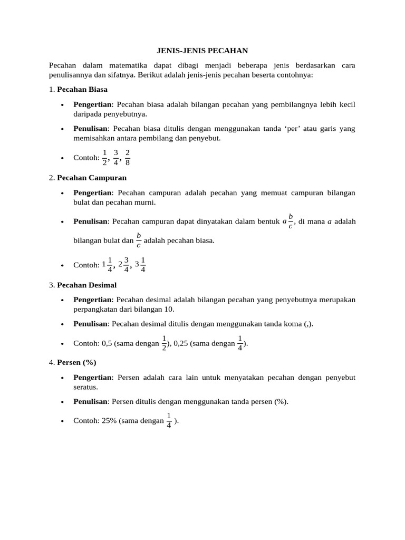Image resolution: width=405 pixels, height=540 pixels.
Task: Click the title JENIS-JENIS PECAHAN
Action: [202, 51]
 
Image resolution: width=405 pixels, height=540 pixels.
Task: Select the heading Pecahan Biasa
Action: [82, 89]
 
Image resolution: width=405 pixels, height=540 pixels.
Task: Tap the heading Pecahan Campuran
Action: [92, 177]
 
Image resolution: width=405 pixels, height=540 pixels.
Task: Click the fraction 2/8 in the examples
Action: [128, 157]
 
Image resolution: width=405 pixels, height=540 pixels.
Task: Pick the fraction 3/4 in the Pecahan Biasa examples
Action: [116, 157]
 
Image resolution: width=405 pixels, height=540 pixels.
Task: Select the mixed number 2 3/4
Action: [124, 264]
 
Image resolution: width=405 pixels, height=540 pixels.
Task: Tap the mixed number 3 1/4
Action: [140, 264]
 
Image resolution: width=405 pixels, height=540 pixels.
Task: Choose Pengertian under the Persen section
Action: [92, 378]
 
